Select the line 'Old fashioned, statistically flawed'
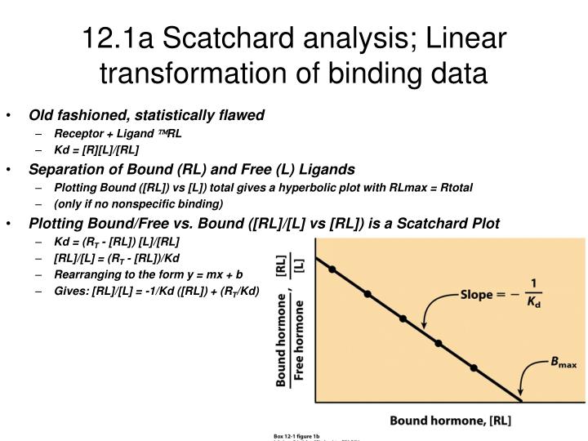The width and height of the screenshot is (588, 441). click(147, 115)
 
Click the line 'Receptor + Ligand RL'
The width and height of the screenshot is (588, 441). click(118, 133)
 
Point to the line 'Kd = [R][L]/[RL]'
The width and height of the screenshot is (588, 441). click(96, 149)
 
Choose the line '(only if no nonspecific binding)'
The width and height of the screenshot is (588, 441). click(138, 203)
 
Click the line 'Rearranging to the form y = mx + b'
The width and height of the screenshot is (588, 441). click(149, 276)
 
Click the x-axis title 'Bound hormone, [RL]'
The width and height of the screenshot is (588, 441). click(450, 421)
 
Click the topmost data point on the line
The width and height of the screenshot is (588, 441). click(332, 269)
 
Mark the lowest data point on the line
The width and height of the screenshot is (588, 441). click(474, 368)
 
